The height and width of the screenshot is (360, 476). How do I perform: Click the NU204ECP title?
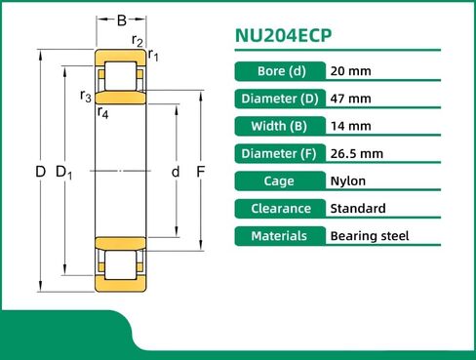pos(284,36)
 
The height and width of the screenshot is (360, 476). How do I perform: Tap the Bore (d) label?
pos(281,71)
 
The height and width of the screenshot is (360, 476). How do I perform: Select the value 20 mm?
pos(351,71)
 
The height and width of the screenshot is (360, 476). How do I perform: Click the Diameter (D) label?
pos(281,99)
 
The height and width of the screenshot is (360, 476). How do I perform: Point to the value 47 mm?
pos(351,99)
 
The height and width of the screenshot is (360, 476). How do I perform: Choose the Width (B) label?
pos(281,126)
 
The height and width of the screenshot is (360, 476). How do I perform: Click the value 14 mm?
pos(351,126)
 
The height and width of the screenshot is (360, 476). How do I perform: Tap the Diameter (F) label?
pos(281,153)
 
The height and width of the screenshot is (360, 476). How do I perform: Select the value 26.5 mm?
pos(357,153)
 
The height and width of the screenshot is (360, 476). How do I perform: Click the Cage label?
pos(281,180)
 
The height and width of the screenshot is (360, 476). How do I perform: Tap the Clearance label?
pos(281,208)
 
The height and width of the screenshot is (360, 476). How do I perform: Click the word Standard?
pos(358,208)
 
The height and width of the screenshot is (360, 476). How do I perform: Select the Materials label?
pos(281,235)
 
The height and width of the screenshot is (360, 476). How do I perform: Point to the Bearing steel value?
pos(370,235)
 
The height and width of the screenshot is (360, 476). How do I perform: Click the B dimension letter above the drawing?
pos(121,20)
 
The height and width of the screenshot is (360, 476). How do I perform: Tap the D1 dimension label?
pos(65,173)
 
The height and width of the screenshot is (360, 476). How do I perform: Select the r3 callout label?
pos(86,96)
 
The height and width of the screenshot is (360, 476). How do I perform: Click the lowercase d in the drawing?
pos(176,172)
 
